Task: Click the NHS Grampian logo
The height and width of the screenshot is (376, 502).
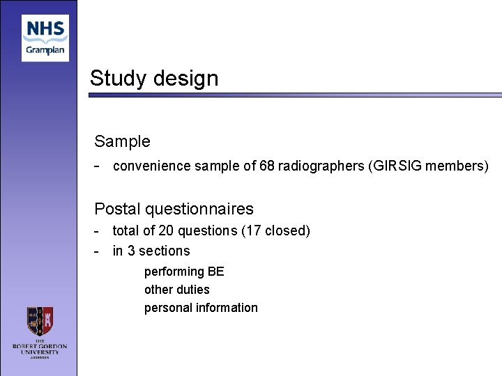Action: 45,38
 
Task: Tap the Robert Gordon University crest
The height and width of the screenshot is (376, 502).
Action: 40,322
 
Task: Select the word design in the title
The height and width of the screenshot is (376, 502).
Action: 184,78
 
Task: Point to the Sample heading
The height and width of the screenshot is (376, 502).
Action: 122,141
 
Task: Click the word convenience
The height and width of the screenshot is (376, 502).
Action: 148,166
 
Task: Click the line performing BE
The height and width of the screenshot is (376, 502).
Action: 184,272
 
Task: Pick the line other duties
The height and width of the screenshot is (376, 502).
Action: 176,290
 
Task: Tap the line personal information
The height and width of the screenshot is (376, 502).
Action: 201,308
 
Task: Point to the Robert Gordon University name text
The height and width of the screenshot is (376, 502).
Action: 40,347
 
